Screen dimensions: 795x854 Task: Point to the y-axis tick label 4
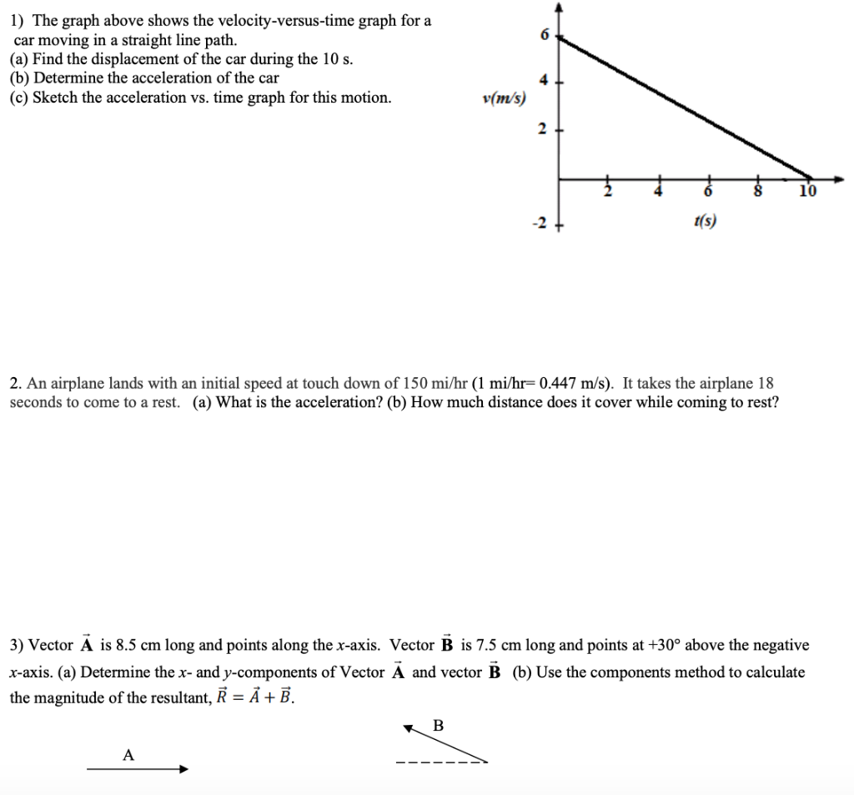545,81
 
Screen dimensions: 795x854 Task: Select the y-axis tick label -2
541,224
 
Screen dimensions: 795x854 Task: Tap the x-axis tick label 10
806,192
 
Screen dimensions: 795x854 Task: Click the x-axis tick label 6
709,192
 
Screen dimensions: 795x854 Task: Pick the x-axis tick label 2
607,192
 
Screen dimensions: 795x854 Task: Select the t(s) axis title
705,221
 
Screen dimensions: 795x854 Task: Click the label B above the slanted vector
439,725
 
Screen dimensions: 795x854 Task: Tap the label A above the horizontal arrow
128,755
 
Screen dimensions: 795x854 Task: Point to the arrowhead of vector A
183,769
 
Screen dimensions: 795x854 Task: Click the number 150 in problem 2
415,384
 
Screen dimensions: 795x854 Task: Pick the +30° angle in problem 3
663,645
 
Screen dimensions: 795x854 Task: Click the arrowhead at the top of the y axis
559,8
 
